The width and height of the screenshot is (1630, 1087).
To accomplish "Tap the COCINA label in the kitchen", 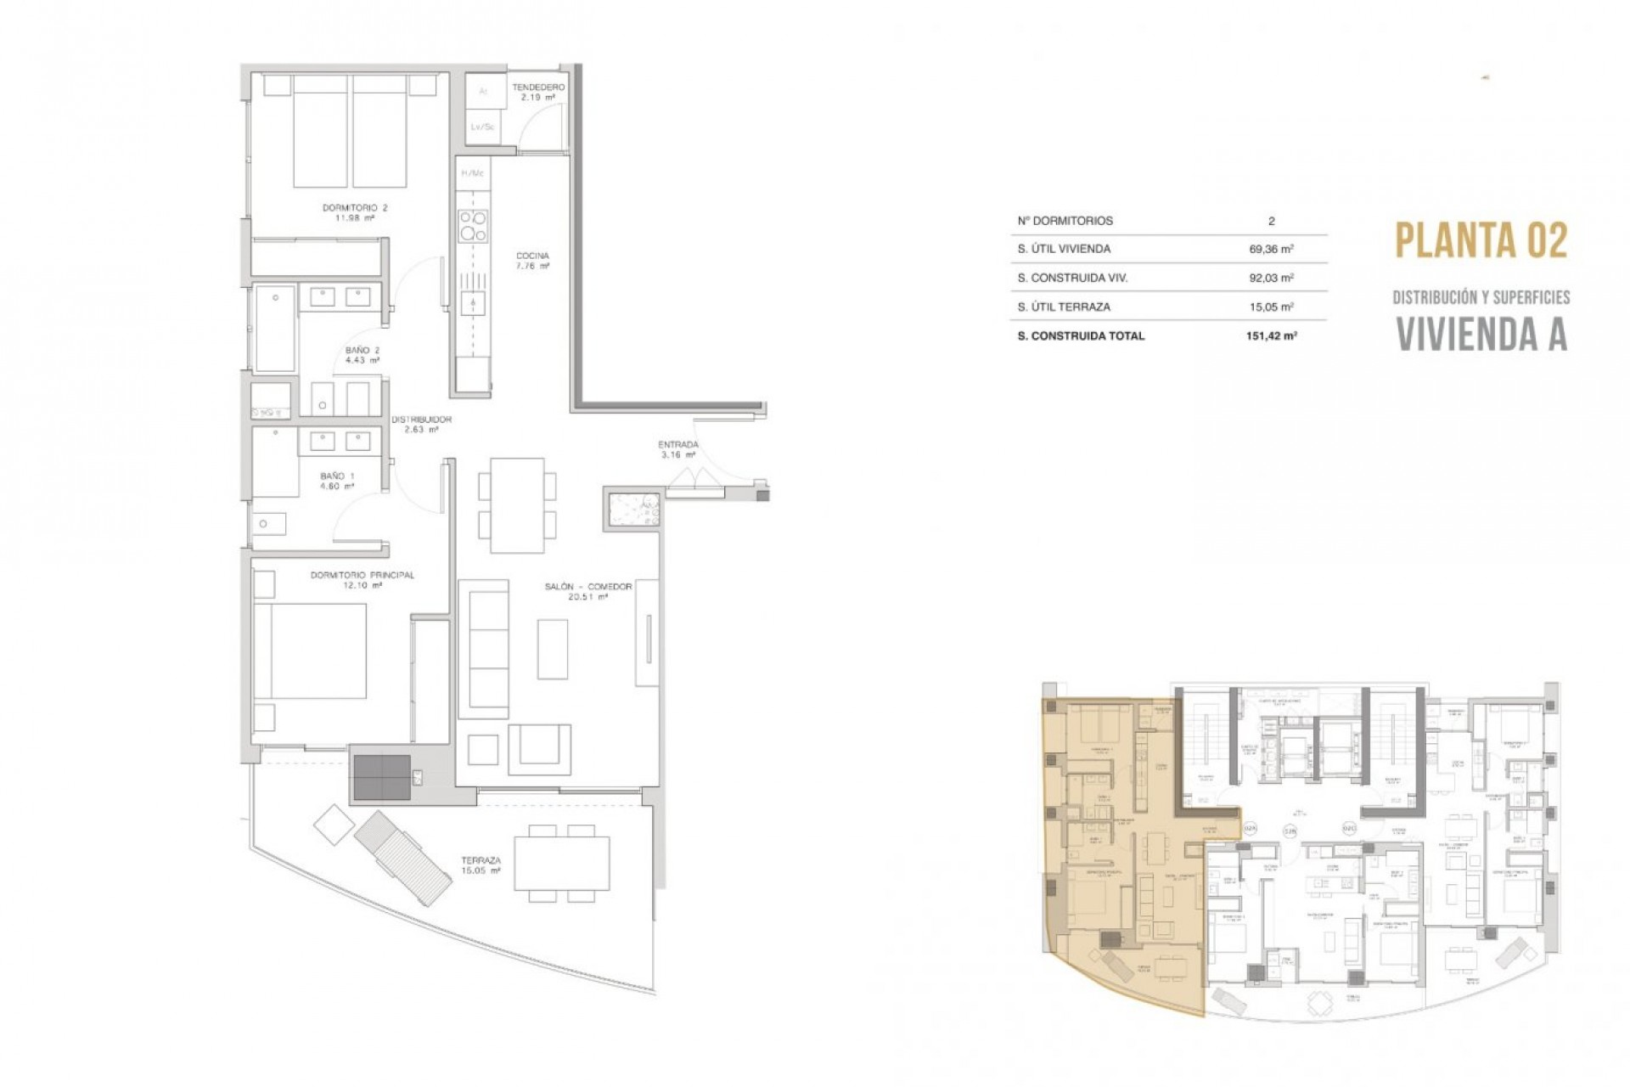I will point(532,260).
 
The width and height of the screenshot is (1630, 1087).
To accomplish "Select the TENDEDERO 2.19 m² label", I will point(538,92).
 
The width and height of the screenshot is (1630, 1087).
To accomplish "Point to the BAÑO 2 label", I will point(363,355).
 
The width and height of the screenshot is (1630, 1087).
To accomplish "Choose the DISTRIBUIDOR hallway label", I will point(421,424).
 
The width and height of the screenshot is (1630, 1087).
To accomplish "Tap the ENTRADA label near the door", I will point(678,449).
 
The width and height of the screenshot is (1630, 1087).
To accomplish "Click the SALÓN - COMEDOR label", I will point(588,591).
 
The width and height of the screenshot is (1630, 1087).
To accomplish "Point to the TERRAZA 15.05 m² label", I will point(481,865).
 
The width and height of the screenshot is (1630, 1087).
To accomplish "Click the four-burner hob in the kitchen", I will point(473,226).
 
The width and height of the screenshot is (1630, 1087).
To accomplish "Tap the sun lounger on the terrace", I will point(402,858).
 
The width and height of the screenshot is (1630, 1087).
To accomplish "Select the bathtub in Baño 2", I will point(274,329).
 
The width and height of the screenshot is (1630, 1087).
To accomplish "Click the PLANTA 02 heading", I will point(1481,241).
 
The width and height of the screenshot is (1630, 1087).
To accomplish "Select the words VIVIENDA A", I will point(1481,335).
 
